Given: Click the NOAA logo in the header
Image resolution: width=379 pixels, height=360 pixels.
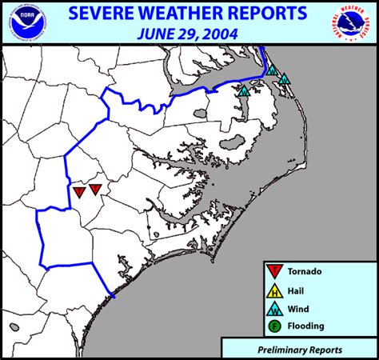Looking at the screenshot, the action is pos(25,23).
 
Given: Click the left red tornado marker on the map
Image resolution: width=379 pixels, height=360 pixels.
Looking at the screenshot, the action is pos(79,192).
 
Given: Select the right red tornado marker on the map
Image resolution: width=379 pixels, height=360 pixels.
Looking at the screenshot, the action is pos(95,190).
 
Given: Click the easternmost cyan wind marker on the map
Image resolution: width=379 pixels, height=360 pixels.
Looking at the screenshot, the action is pos(284,79).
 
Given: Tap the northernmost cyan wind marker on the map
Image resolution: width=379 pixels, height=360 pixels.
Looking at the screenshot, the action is pos(272,70).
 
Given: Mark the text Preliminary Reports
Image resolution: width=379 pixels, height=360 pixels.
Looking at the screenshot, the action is pos(301,350).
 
